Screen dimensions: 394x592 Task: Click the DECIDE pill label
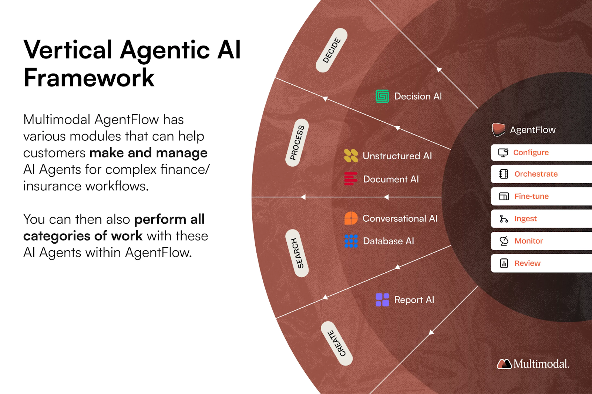(332, 50)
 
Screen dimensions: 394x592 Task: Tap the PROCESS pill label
(297, 143)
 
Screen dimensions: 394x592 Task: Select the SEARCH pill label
(297, 253)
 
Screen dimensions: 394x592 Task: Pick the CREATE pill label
(337, 343)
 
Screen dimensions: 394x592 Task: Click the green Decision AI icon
(382, 96)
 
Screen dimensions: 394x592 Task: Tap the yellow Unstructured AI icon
(351, 156)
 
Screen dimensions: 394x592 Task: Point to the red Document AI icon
(350, 179)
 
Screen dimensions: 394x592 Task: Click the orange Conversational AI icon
(351, 218)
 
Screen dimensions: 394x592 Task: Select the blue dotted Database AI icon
(351, 241)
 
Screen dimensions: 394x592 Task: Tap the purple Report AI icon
(382, 300)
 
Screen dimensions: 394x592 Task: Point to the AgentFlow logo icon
(498, 130)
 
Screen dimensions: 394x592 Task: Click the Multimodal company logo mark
(504, 364)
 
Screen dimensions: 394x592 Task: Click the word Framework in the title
(89, 78)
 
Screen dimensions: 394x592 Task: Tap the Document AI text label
(391, 179)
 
